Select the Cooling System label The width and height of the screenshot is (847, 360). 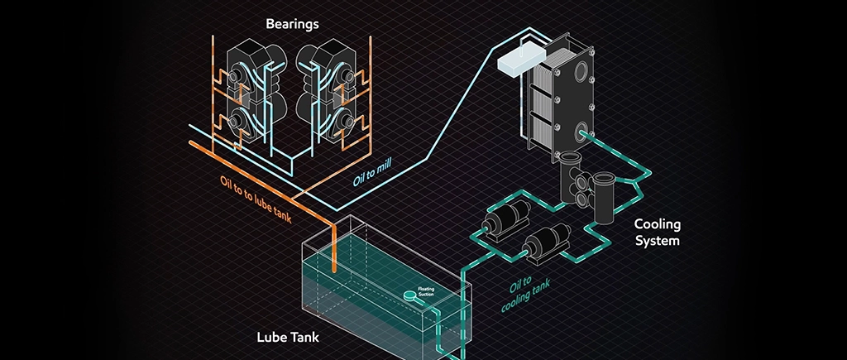click(x=657, y=233)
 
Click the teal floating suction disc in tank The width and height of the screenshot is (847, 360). click(x=409, y=295)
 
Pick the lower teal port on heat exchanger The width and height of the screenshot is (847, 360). click(x=584, y=131)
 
